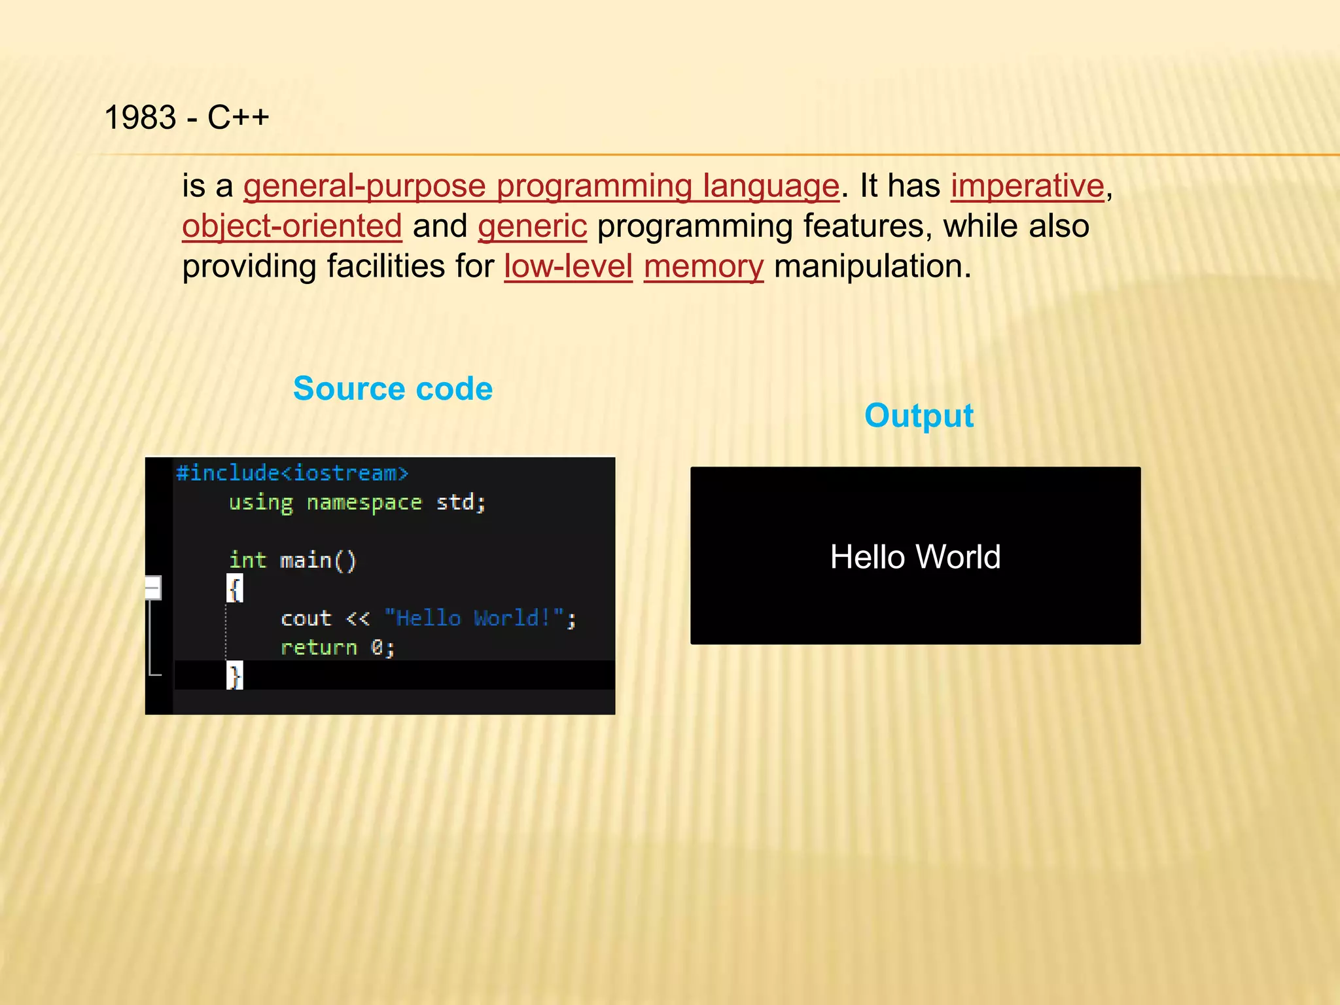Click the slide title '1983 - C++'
[186, 118]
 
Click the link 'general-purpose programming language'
[541, 186]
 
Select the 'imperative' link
[1027, 186]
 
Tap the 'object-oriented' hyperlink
[292, 227]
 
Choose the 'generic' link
[532, 227]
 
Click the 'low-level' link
[568, 267]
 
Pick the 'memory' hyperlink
[703, 267]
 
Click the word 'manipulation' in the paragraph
[872, 267]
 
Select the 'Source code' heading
[393, 389]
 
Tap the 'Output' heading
[919, 415]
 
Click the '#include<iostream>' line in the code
[292, 472]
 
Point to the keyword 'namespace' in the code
[364, 502]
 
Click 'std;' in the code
[461, 502]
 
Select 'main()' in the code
[318, 561]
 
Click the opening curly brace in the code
[235, 589]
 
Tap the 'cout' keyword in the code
[306, 618]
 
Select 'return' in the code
[319, 648]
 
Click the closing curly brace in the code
[235, 675]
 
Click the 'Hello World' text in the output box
[915, 557]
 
